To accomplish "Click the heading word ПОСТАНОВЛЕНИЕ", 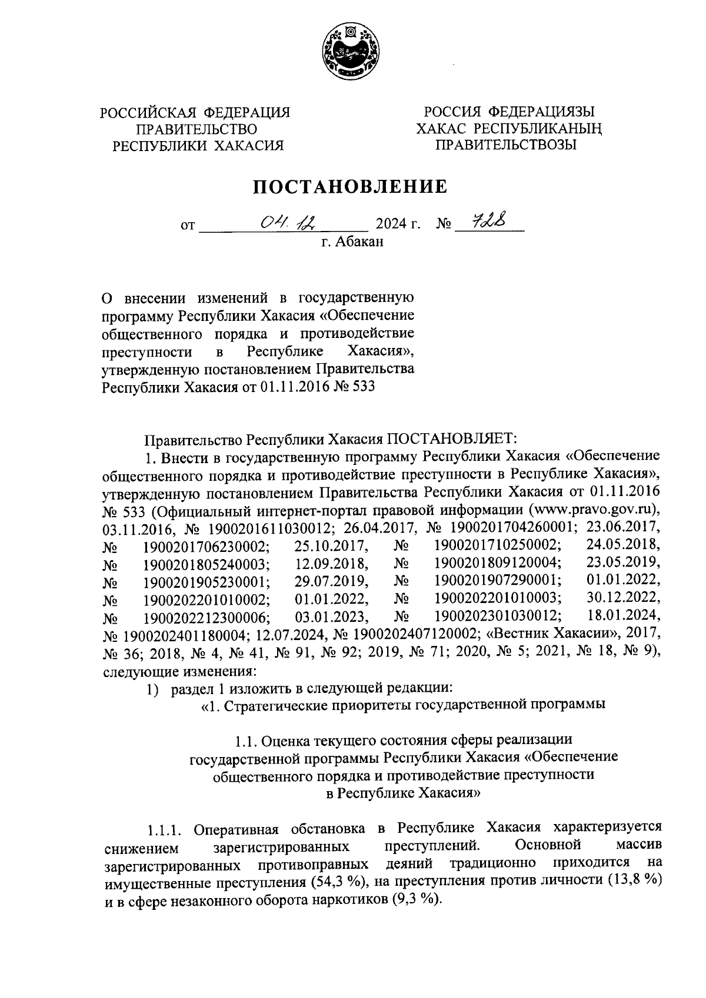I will [x=351, y=186].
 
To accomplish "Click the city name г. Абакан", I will [x=352, y=242].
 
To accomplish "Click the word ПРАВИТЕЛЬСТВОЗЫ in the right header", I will [x=506, y=145].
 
